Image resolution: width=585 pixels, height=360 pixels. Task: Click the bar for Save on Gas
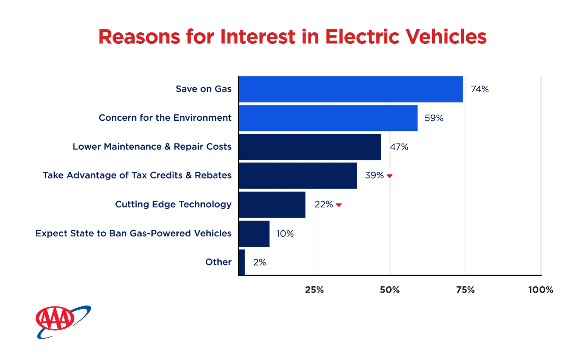351,89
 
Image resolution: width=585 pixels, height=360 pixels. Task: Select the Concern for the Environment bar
328,118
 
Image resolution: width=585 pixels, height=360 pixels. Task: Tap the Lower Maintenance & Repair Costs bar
310,147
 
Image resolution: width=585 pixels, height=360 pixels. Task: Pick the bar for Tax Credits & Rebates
299,175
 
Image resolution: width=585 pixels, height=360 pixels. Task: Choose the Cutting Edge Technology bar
273,205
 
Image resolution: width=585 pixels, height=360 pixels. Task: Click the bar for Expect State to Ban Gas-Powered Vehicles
255,234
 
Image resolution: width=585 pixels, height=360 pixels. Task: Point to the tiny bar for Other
242,262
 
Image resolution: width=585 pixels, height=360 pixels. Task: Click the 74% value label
480,90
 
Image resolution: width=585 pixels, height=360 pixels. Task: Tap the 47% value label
399,147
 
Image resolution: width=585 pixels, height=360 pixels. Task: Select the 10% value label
285,234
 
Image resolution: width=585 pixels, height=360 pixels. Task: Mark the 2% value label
259,263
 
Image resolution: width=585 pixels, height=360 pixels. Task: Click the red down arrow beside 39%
389,176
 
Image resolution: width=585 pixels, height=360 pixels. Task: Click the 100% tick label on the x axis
542,290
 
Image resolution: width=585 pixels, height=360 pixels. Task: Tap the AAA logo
61,322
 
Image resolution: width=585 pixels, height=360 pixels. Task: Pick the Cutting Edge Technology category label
173,205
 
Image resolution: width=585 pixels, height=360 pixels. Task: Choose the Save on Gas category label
203,89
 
